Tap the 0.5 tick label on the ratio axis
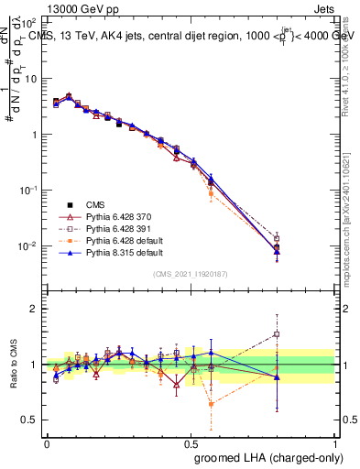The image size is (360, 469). click(x=30, y=420)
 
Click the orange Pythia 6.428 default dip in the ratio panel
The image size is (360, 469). click(x=212, y=403)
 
